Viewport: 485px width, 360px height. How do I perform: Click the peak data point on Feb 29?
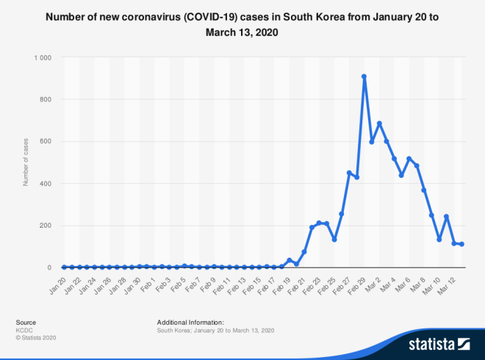[x=364, y=76]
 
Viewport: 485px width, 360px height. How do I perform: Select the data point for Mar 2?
[x=379, y=123]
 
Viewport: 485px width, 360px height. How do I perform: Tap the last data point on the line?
[x=461, y=244]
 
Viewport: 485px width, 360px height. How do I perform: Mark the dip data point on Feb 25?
[x=334, y=240]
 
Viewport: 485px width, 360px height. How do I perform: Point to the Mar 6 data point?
[x=409, y=159]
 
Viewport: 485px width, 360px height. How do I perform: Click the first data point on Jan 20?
[x=64, y=267]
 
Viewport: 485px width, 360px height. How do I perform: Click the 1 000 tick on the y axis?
[x=43, y=57]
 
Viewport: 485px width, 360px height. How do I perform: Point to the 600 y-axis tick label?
[x=46, y=142]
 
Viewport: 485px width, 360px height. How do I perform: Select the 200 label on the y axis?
[x=46, y=226]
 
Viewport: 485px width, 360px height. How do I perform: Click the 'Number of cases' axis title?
[x=26, y=162]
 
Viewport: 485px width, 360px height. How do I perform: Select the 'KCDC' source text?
[x=23, y=330]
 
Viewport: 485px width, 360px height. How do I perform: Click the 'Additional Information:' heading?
[x=190, y=323]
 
